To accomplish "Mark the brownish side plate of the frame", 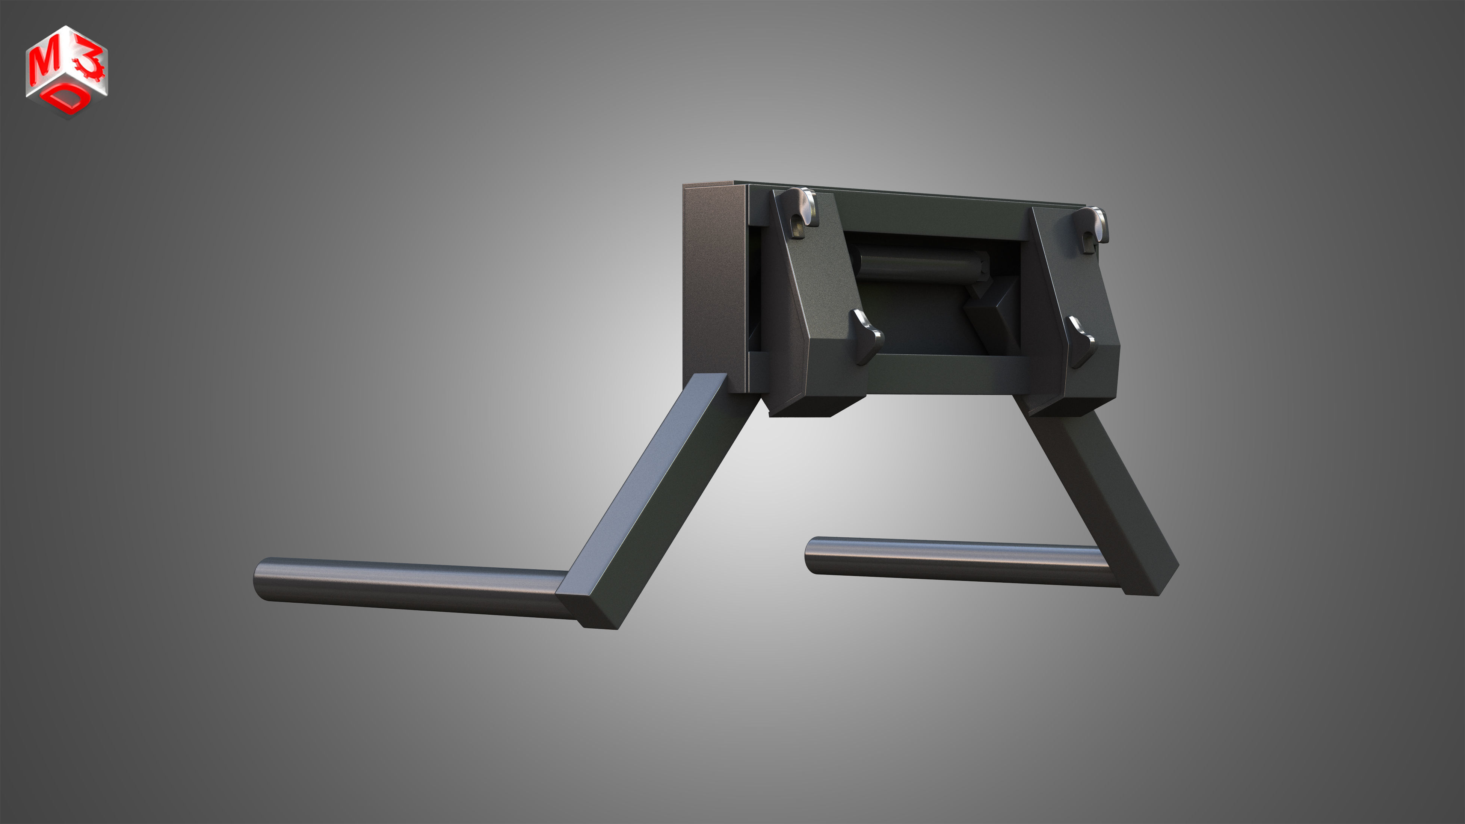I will (x=714, y=284).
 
